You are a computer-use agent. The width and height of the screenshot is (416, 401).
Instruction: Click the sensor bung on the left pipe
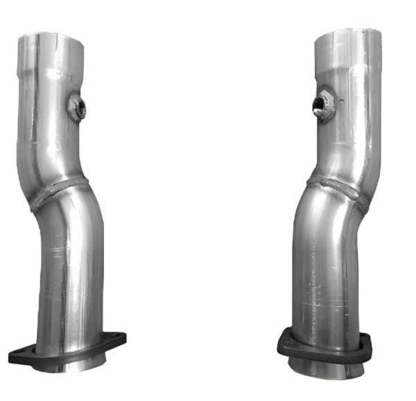click(x=76, y=107)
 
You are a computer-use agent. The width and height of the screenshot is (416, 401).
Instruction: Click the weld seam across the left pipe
click(x=59, y=193)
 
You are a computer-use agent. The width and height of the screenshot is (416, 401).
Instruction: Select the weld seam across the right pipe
click(x=338, y=187)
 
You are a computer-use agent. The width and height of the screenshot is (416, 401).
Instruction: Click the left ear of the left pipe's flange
click(x=19, y=355)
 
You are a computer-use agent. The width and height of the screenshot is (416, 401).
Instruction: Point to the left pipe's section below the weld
click(x=69, y=270)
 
